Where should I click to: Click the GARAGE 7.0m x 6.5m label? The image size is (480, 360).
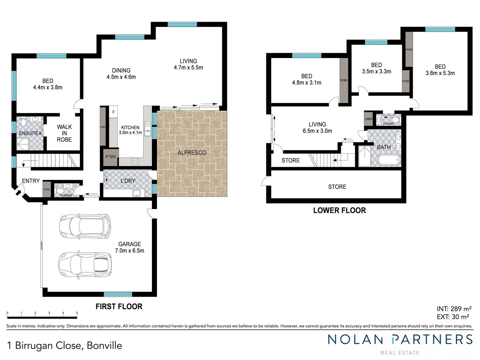[x=130, y=247]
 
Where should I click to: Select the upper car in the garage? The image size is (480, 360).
[x=85, y=226]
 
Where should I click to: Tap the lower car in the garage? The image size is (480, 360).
[x=85, y=265]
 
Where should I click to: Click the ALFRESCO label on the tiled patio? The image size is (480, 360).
[x=192, y=153]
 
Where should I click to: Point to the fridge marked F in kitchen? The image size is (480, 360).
[x=113, y=112]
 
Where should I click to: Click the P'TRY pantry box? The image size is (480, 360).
[x=111, y=157]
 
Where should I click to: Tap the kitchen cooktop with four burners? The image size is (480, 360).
[x=135, y=162]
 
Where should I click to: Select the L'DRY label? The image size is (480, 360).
[x=128, y=181]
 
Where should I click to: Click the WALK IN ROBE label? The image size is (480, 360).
[x=64, y=133]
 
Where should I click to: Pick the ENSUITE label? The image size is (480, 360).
[x=29, y=133]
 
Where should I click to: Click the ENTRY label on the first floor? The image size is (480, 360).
[x=31, y=181]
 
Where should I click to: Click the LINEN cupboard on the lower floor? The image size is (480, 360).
[x=368, y=119]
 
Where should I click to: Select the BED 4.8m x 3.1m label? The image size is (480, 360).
[x=307, y=79]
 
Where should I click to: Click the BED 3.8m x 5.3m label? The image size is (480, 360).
[x=440, y=70]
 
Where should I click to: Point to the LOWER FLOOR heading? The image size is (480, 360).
[x=339, y=210]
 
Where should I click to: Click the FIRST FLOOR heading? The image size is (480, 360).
[x=119, y=306]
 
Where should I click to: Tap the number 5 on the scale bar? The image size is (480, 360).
[x=77, y=313]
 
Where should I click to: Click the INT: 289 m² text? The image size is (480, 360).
[x=454, y=309]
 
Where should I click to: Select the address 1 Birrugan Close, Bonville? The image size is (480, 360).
[x=65, y=345]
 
